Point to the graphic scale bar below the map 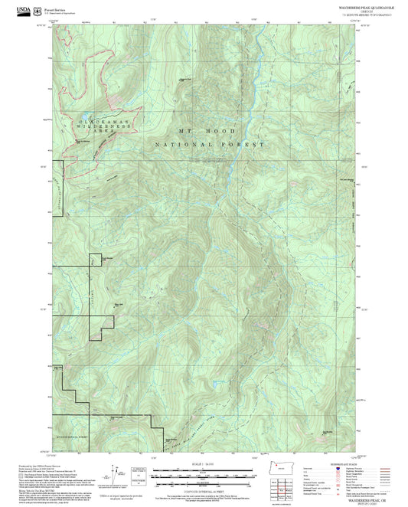tap(203, 476)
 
